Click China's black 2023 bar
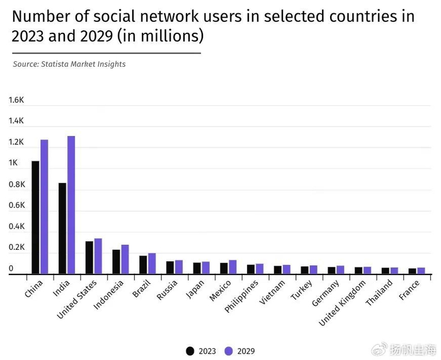tap(35, 217)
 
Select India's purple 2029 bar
tap(71, 205)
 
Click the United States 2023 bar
tap(89, 257)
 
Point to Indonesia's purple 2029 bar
tap(125, 259)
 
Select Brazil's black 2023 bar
tap(143, 264)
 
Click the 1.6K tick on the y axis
tap(16, 100)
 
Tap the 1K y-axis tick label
tap(13, 164)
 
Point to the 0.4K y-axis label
tap(16, 227)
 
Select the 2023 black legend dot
tap(190, 351)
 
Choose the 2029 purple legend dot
tap(229, 351)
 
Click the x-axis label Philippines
tap(242, 296)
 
